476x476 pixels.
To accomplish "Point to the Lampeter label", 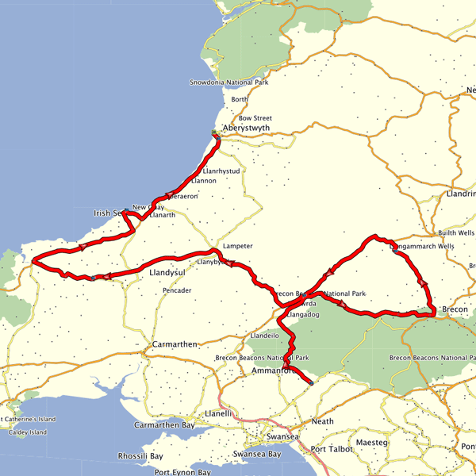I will click(238, 246).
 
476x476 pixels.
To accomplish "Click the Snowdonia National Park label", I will click(229, 83).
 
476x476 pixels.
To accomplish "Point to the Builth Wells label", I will click(456, 233).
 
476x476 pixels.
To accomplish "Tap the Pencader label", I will click(177, 290).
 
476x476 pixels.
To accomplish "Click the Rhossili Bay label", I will click(141, 456).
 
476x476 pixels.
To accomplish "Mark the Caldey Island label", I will click(24, 432).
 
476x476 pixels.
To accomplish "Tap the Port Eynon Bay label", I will click(183, 472).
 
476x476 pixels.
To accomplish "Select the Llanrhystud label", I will click(221, 171).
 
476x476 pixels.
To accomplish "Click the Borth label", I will click(240, 100).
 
